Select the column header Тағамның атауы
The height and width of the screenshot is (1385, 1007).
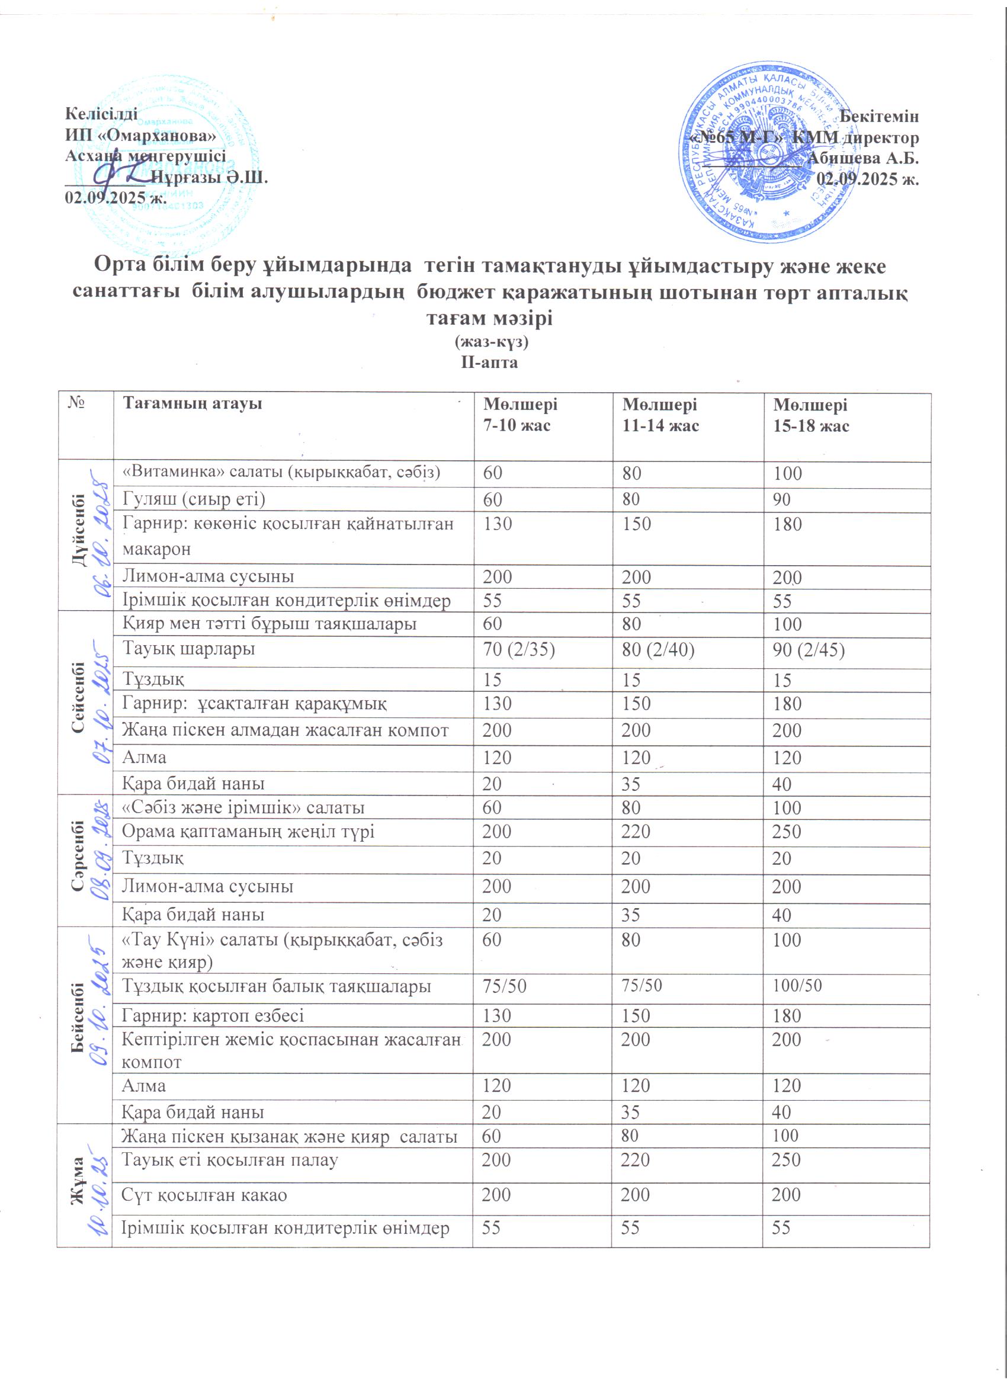pyautogui.click(x=193, y=403)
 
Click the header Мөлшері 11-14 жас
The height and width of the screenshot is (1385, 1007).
pyautogui.click(x=659, y=415)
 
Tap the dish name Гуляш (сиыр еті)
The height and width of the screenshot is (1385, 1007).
pyautogui.click(x=194, y=499)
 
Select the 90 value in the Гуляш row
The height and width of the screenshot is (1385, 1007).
pyautogui.click(x=781, y=499)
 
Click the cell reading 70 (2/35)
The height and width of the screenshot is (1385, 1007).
pyautogui.click(x=518, y=650)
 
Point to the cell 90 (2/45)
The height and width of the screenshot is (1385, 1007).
pyautogui.click(x=809, y=650)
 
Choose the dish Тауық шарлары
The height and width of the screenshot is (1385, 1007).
pyautogui.click(x=189, y=649)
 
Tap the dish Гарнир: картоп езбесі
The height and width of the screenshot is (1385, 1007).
pyautogui.click(x=213, y=1015)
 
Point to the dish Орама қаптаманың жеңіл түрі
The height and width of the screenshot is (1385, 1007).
pyautogui.click(x=248, y=832)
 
